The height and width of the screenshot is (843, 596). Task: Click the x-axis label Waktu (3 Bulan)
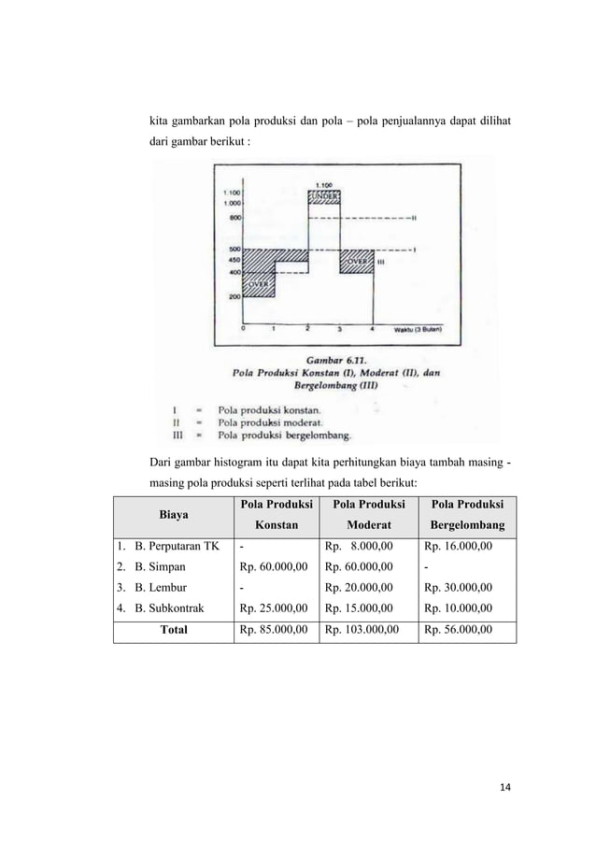point(417,329)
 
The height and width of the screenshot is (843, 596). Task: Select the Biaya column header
point(171,513)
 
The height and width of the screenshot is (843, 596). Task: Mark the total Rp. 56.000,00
point(459,630)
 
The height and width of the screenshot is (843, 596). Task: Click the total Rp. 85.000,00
point(273,630)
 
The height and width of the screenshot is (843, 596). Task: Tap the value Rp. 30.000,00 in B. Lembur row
point(459,588)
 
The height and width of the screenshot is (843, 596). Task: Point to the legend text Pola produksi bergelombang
point(285,435)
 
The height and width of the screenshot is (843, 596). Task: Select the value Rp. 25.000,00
point(273,608)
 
